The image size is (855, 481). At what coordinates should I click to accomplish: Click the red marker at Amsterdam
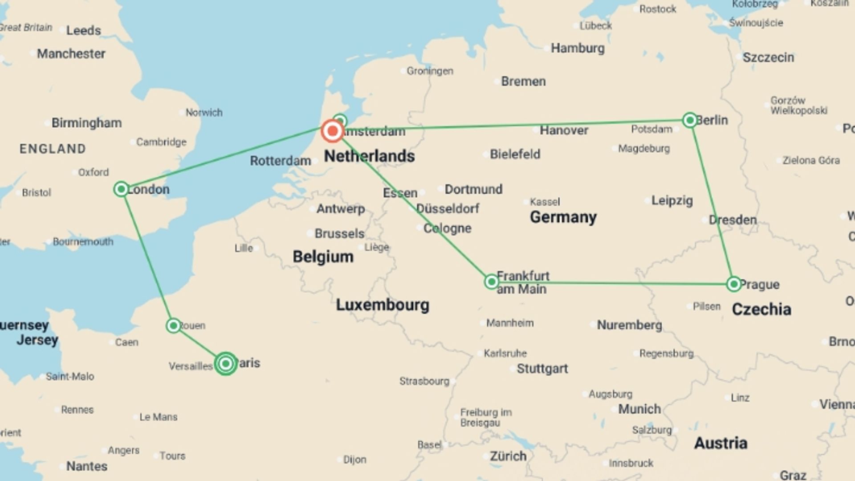(332, 131)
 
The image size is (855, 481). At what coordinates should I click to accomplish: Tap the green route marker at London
(121, 189)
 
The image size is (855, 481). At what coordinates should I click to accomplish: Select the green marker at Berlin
(690, 120)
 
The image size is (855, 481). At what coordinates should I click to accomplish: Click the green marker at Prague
(734, 284)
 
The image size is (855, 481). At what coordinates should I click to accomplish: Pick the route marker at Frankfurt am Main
(491, 282)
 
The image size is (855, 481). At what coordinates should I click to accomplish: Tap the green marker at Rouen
(173, 326)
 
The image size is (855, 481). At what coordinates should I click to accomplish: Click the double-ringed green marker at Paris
(226, 364)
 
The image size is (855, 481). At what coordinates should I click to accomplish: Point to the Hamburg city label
(578, 48)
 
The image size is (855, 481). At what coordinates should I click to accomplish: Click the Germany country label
(563, 217)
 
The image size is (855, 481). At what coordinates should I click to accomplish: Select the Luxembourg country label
(383, 305)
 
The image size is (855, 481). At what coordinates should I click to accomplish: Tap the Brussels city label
(339, 233)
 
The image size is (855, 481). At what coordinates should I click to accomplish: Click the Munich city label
(639, 409)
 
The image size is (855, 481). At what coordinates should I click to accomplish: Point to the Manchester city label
(71, 54)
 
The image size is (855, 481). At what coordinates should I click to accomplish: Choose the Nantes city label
(87, 466)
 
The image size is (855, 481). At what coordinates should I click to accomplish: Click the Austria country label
(721, 443)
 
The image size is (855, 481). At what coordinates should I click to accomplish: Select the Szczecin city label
(768, 57)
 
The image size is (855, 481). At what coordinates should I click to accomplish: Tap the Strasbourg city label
(424, 381)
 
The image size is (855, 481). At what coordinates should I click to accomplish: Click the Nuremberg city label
(629, 325)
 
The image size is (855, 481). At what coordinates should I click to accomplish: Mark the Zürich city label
(508, 456)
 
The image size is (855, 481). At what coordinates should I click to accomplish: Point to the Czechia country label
(761, 309)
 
